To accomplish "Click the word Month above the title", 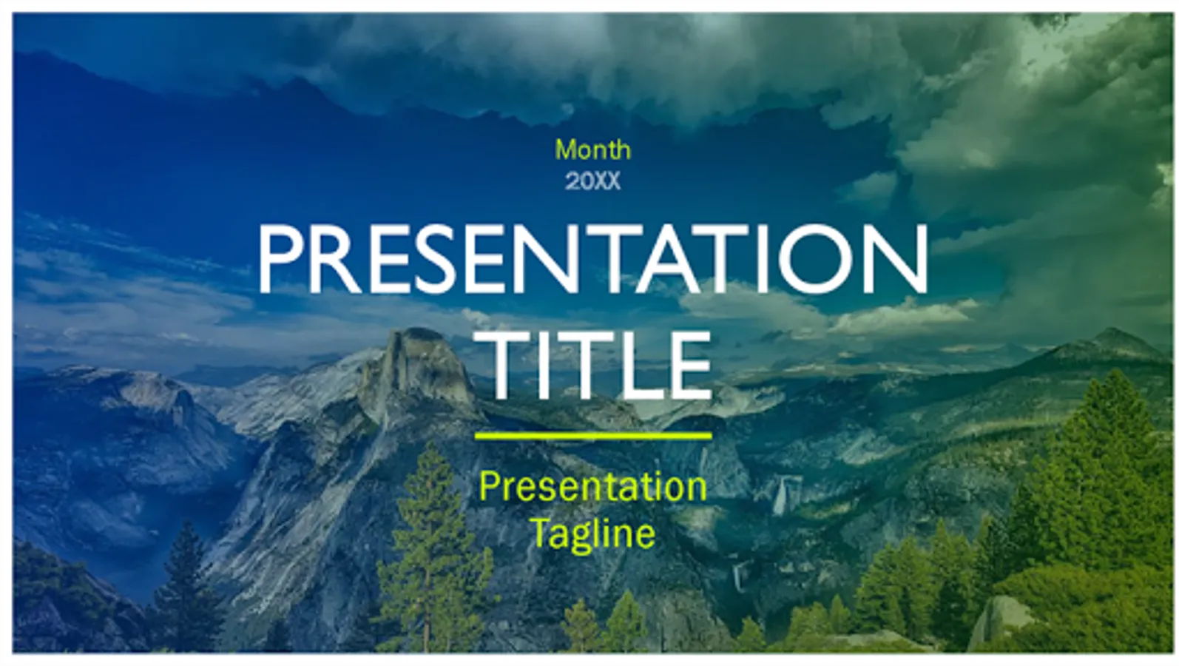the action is [x=593, y=150].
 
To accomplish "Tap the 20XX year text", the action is [x=593, y=182].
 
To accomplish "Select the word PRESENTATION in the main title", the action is [x=592, y=258].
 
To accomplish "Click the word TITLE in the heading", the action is [x=601, y=366].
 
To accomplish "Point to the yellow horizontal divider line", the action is [x=593, y=435].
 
